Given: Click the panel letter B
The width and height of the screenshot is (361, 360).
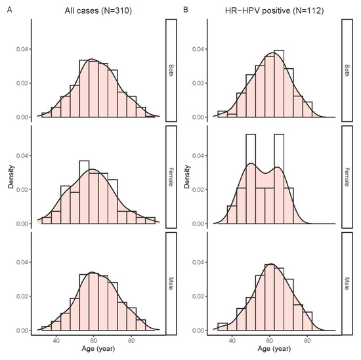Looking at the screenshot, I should point(186,10).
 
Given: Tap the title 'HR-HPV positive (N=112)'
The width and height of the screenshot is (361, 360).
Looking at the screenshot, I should point(271,10).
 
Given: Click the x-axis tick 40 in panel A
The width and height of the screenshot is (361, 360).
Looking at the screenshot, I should point(56,342).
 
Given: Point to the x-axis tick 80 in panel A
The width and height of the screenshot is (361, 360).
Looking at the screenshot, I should point(131,342).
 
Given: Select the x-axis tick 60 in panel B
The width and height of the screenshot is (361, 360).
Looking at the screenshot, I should point(270,342).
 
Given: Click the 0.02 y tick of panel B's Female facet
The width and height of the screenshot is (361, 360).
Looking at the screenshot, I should point(200,190).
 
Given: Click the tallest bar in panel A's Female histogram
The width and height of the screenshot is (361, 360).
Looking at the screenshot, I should point(84,192).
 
